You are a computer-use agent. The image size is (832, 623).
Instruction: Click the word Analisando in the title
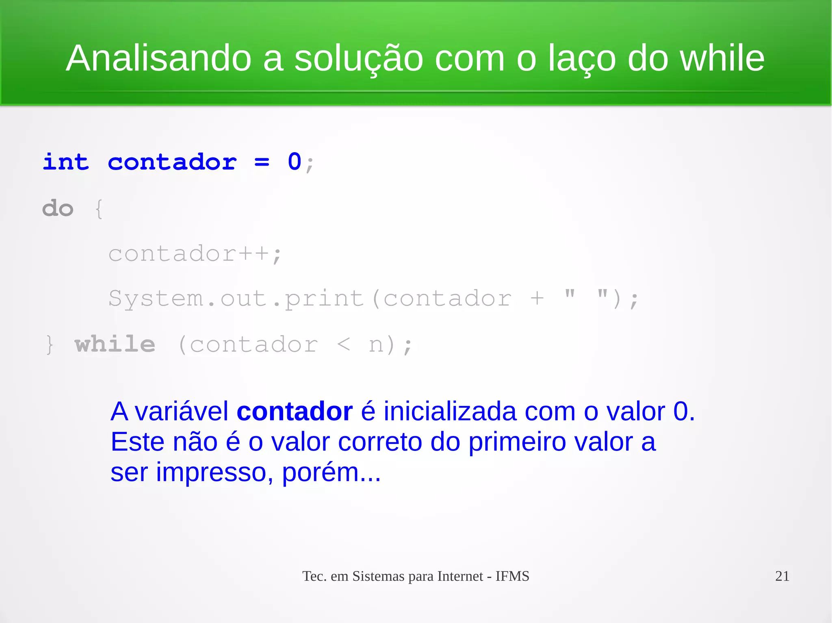[x=158, y=58]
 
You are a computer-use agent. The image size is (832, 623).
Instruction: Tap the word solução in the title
[x=358, y=59]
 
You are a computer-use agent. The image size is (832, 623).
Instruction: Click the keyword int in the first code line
[x=66, y=162]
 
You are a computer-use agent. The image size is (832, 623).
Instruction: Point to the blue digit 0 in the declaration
[x=295, y=162]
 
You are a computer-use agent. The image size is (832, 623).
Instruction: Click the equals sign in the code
[x=262, y=163]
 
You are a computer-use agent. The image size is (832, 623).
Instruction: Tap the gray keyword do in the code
[x=58, y=209]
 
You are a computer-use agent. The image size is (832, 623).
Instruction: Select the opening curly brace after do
[x=99, y=209]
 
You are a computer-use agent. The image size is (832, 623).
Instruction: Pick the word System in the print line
[x=156, y=299]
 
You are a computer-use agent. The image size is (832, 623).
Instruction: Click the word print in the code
[x=324, y=299]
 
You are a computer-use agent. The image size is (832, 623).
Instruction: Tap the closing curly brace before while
[x=50, y=345]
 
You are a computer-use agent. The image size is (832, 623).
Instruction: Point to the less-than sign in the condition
[x=343, y=345]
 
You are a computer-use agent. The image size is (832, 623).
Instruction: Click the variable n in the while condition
[x=376, y=345]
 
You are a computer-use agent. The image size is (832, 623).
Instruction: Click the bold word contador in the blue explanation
[x=295, y=412]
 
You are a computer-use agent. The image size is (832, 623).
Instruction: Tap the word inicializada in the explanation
[x=450, y=412]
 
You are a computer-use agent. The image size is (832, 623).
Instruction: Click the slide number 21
[x=782, y=576]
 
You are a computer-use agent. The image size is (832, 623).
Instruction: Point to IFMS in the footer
[x=512, y=576]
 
